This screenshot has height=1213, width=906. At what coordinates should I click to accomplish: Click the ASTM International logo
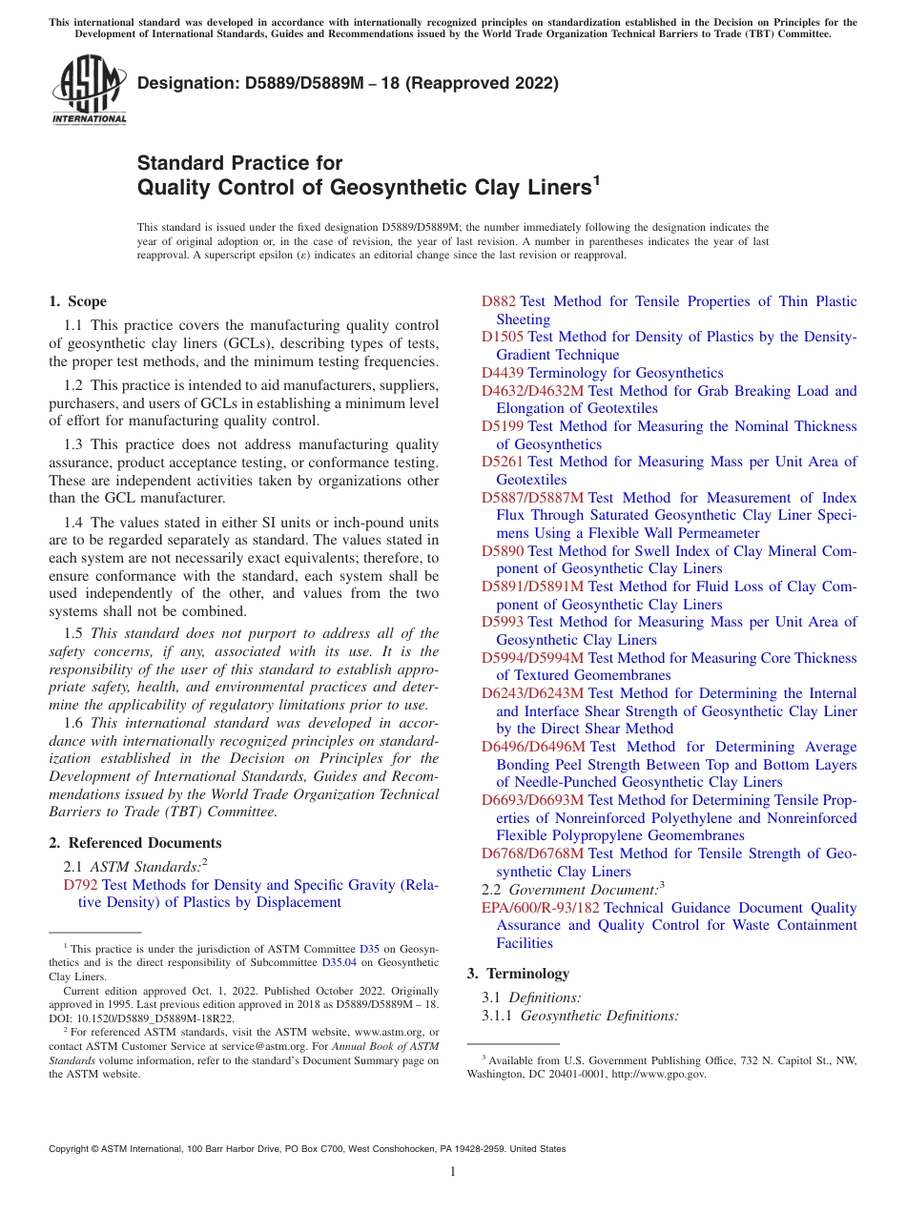pos(89,91)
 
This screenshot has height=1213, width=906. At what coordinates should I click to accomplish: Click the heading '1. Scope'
pos(77,301)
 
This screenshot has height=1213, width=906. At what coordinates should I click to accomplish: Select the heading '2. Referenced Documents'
pos(134,843)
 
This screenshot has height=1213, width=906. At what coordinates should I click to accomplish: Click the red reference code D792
pos(81,885)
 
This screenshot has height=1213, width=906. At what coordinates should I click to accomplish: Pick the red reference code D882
pos(499,301)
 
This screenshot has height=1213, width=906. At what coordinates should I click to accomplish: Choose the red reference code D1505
pos(503,337)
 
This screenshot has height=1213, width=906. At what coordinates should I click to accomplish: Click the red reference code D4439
pos(503,373)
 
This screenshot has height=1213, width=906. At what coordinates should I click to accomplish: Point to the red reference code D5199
pos(503,426)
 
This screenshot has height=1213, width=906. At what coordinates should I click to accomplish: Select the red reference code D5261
pos(503,462)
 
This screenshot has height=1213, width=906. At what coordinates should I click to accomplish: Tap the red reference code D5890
pos(503,551)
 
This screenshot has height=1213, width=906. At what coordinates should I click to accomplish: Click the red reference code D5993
pos(503,622)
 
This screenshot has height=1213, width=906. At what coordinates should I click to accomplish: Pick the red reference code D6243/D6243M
pos(532,693)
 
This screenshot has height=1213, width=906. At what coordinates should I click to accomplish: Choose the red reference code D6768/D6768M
pos(532,853)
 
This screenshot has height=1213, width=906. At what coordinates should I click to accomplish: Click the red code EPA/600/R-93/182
pos(541,908)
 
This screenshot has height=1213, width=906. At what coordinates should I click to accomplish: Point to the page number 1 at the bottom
pos(453,1172)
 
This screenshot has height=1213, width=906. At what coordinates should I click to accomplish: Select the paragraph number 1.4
pos(73,523)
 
